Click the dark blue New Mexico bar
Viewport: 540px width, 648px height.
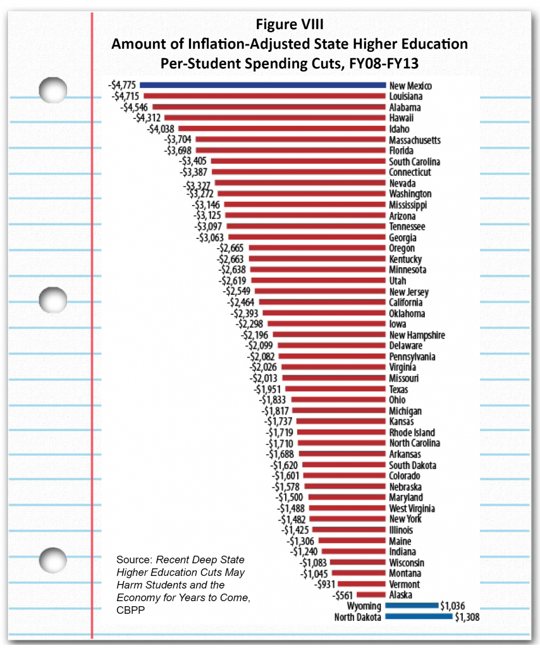[x=262, y=85]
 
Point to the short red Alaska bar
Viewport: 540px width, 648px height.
[x=372, y=595]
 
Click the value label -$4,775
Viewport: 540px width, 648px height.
[x=123, y=85]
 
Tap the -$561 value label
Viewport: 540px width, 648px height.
[x=344, y=595]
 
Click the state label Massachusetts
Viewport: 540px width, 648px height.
[x=415, y=140]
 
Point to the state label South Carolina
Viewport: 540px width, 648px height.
[x=415, y=161]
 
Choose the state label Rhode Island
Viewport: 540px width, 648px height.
[x=412, y=432]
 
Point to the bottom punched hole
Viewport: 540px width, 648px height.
[x=53, y=560]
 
